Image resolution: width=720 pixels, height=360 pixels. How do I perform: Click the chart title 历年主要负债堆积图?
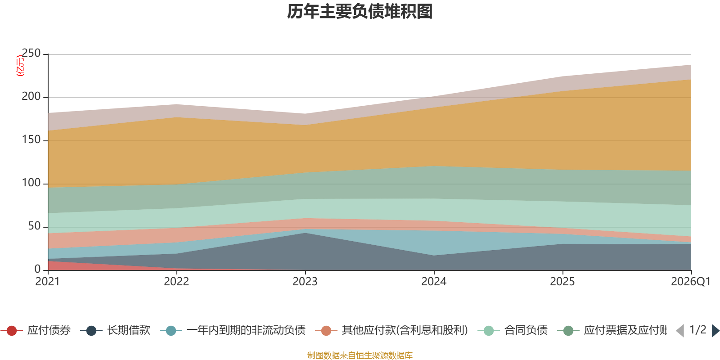click(360, 12)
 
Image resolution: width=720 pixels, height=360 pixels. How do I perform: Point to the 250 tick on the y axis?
click(31, 54)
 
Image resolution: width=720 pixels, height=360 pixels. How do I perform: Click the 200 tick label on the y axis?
click(31, 97)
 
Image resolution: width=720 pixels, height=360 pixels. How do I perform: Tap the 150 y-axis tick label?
click(31, 140)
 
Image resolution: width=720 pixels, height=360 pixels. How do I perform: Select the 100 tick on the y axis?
click(31, 183)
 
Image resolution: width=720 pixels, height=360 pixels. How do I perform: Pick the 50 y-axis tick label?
click(34, 226)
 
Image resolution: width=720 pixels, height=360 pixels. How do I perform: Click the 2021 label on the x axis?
click(48, 282)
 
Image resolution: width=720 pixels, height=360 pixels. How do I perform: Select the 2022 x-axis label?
click(176, 282)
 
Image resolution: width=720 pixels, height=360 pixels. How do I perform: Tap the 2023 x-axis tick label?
click(305, 282)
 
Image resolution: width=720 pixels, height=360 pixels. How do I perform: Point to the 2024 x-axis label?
click(434, 282)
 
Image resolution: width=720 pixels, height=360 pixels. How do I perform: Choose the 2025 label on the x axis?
click(562, 282)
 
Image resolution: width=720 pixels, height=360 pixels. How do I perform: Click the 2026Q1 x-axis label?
click(690, 282)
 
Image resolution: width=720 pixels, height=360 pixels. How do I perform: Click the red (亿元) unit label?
click(20, 66)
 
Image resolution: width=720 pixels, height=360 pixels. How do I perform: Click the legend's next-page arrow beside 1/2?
click(715, 331)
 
